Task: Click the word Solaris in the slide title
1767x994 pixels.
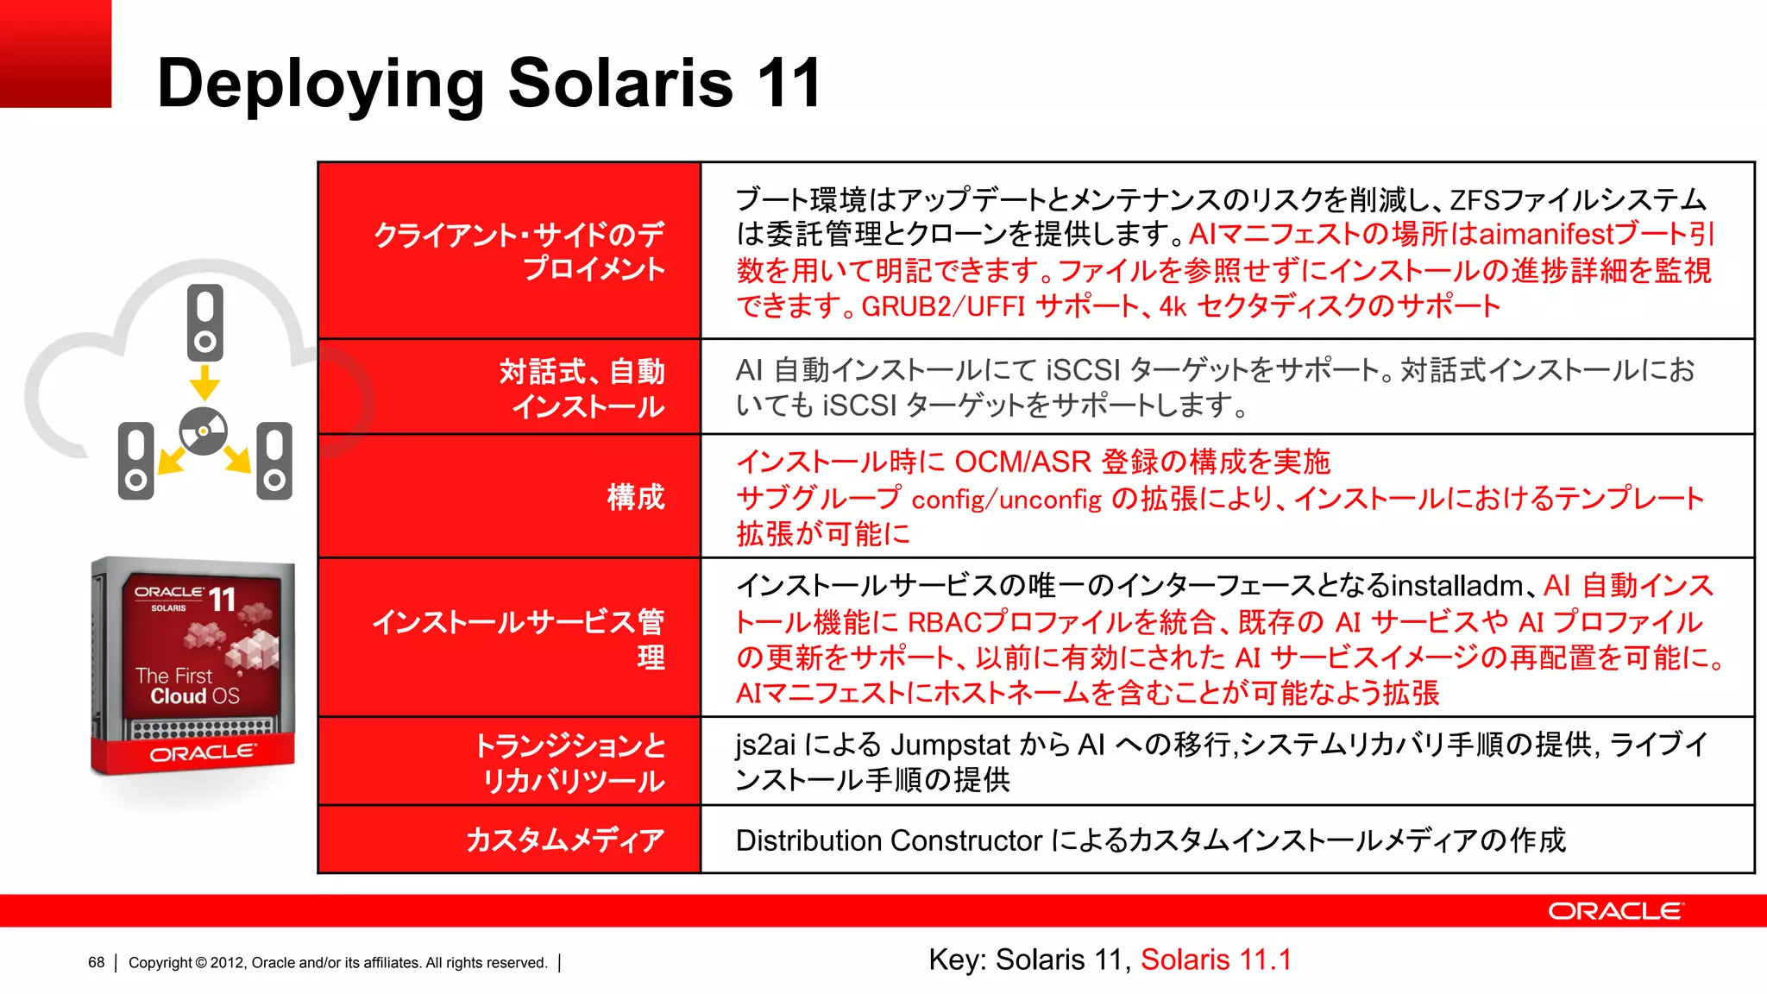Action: tap(620, 83)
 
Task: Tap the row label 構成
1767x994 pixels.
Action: tap(636, 497)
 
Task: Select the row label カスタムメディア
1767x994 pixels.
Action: tap(565, 840)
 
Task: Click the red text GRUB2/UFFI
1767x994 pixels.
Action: tap(943, 306)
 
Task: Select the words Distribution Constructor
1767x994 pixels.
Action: tap(889, 840)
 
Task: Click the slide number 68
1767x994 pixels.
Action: tap(96, 962)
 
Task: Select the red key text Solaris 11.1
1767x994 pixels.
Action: tap(1216, 959)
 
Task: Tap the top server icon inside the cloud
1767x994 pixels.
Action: tap(205, 322)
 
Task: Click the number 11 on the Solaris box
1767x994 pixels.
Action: tap(222, 598)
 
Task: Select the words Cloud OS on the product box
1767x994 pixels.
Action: tap(195, 695)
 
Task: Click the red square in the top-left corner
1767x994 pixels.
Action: tap(55, 53)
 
